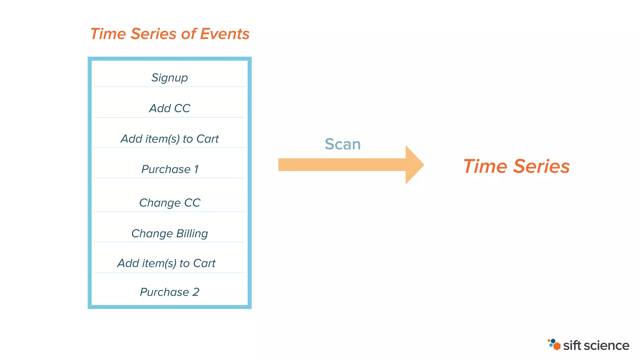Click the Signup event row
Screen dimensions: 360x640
(169, 77)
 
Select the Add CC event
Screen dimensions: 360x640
(169, 108)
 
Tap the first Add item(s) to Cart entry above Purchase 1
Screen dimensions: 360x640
(169, 139)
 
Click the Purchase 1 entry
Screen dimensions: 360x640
(169, 169)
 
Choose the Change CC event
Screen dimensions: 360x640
(169, 203)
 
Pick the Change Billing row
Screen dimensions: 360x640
(169, 233)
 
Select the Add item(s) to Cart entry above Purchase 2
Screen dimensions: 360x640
(166, 263)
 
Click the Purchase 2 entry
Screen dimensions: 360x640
(169, 292)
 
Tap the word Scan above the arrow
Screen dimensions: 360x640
(342, 144)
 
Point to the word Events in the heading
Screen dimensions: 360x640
(224, 34)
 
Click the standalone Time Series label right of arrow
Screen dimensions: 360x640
(516, 166)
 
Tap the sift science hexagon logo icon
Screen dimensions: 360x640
(554, 344)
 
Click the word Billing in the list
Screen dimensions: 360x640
(192, 233)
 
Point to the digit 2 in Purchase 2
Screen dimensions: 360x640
(196, 292)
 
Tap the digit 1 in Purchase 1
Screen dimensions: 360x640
(196, 169)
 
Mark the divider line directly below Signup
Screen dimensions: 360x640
(169, 87)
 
